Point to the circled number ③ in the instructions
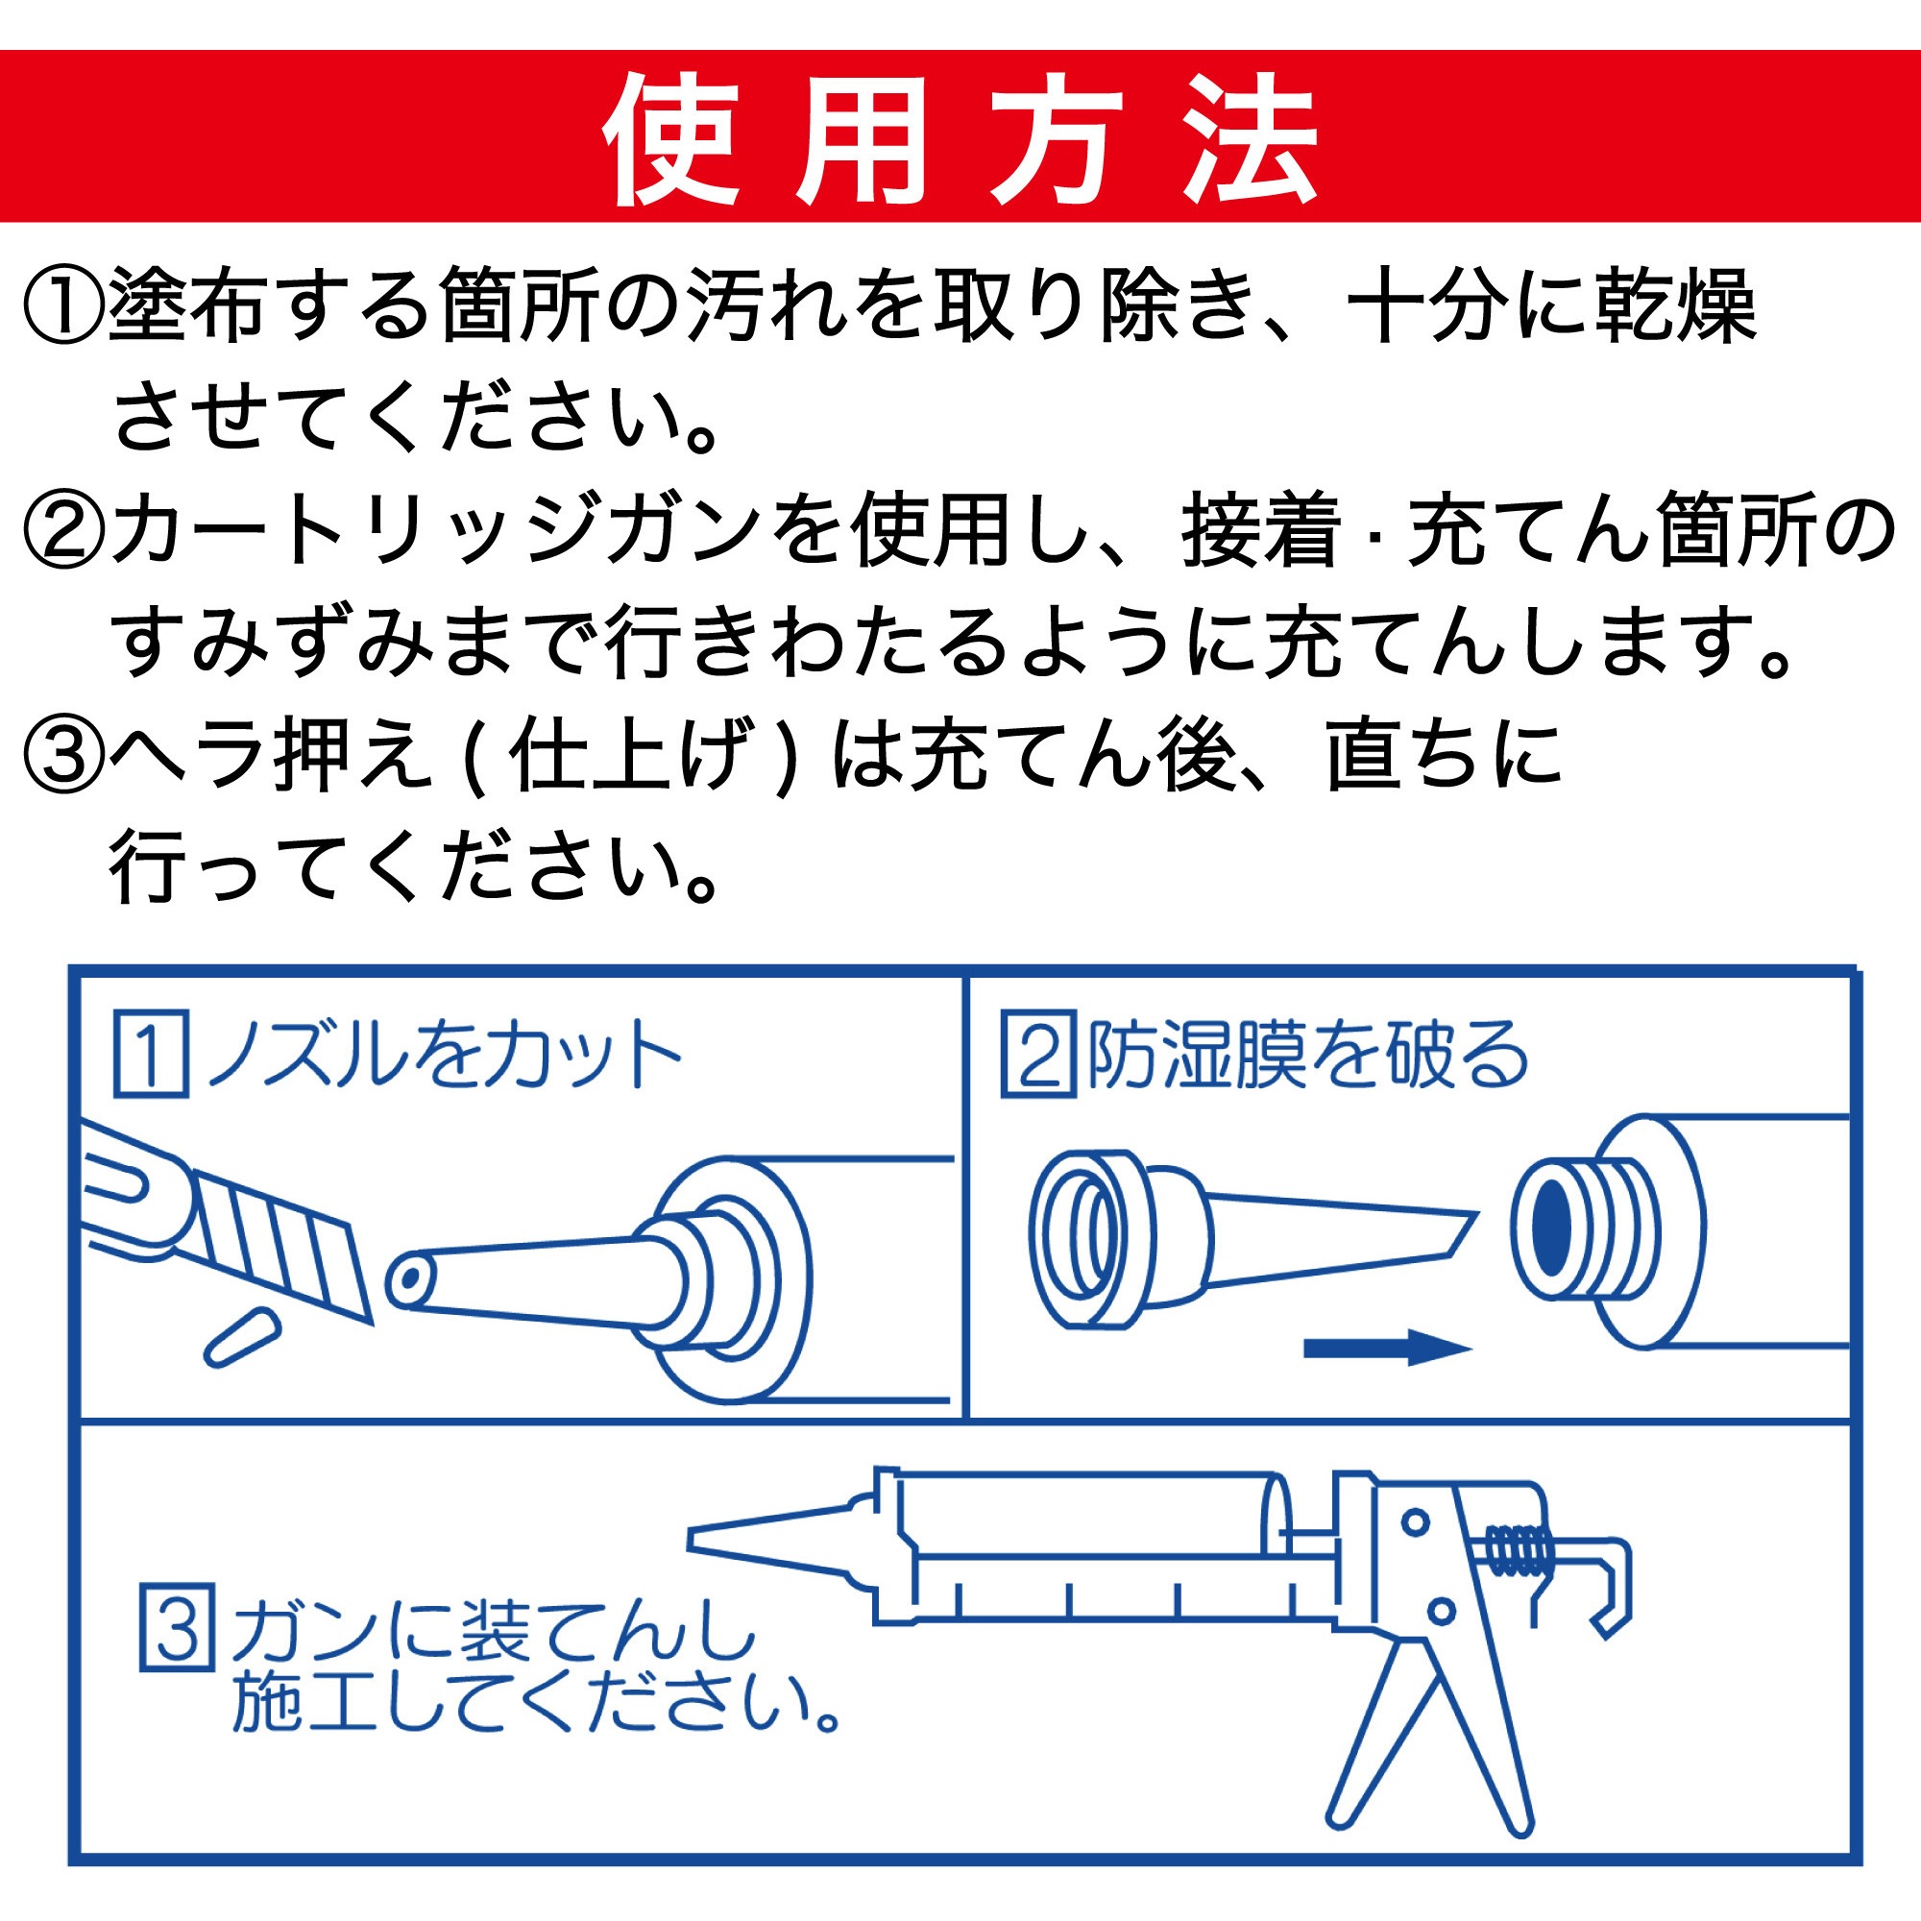tap(62, 756)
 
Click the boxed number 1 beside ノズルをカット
tap(150, 1054)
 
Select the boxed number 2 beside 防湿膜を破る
tap(1037, 1054)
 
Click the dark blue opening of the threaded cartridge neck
tap(1549, 1230)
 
